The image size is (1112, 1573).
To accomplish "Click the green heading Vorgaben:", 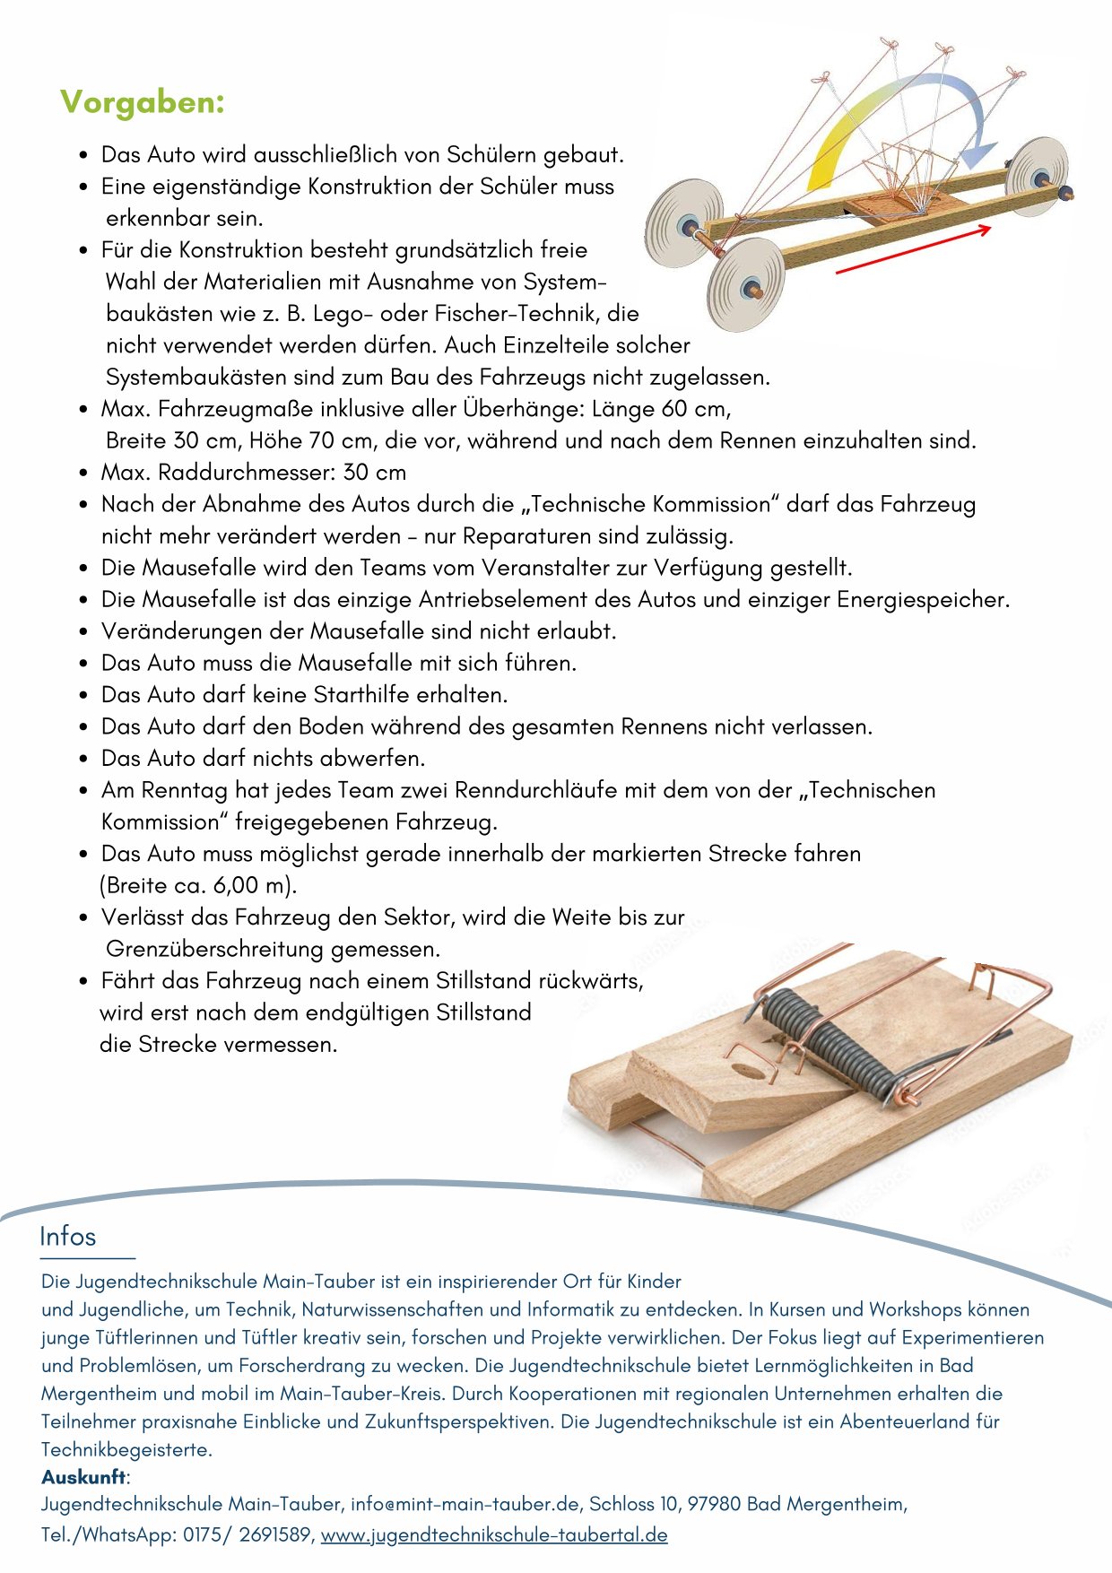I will click(x=142, y=102).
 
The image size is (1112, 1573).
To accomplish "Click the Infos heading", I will click(x=67, y=1237).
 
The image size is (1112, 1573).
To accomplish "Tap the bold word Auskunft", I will click(x=84, y=1477).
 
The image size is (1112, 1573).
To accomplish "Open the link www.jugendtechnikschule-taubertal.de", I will click(x=494, y=1534).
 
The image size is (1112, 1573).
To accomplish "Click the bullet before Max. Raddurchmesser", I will click(x=83, y=473).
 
